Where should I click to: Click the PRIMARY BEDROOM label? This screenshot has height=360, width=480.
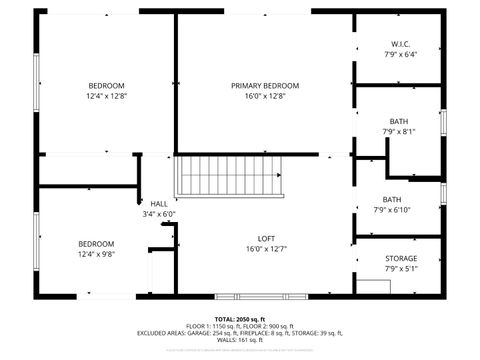pos(259,86)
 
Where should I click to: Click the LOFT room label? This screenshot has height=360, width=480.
pos(266,238)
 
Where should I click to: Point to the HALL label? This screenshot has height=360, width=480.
pos(159,203)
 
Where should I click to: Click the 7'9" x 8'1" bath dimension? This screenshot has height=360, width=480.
pos(398,131)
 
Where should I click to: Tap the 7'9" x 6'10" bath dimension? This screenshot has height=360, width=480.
pos(392,210)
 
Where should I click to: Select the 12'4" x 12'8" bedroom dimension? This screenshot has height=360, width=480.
pos(106,96)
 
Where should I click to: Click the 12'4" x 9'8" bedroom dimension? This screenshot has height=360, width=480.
pos(97,254)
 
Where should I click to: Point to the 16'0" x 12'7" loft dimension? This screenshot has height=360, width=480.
pos(266,249)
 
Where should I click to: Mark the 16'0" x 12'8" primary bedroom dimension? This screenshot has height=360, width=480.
pos(259,97)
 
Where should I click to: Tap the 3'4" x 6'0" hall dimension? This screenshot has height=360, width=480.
pos(159,213)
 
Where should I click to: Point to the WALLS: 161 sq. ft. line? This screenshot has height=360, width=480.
pos(239,341)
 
